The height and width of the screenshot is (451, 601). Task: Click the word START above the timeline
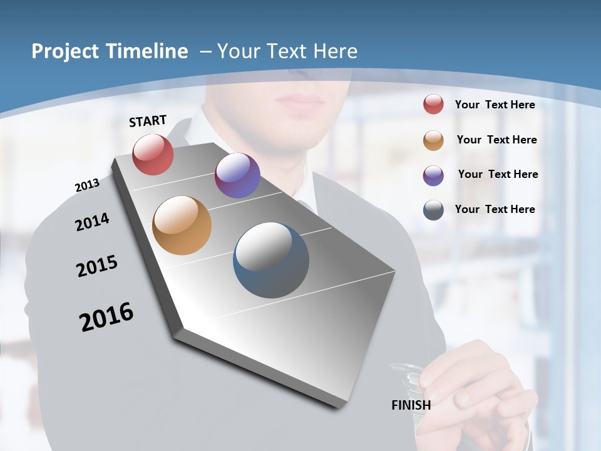pyautogui.click(x=148, y=121)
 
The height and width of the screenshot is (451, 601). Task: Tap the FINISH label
pyautogui.click(x=411, y=405)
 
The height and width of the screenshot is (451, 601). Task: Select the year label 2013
pyautogui.click(x=87, y=185)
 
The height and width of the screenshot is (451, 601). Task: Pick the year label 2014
pyautogui.click(x=92, y=222)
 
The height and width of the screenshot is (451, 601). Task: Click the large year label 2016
pyautogui.click(x=106, y=317)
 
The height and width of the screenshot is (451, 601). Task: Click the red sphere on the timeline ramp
pyautogui.click(x=153, y=155)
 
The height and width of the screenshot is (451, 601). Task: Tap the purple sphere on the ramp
pyautogui.click(x=237, y=175)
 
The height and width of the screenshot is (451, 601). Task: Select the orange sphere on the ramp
pyautogui.click(x=182, y=225)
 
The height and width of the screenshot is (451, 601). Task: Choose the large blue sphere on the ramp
pyautogui.click(x=271, y=260)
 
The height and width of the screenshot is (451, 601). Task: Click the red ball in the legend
pyautogui.click(x=433, y=104)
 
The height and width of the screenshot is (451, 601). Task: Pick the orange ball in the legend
pyautogui.click(x=433, y=140)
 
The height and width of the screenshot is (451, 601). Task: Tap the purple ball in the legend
pyautogui.click(x=433, y=175)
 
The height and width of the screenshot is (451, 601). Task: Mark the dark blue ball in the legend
pyautogui.click(x=433, y=210)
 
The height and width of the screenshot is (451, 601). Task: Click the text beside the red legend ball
pyautogui.click(x=495, y=105)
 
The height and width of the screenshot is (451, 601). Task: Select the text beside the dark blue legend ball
pyautogui.click(x=495, y=209)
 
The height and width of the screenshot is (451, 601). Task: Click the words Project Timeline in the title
pyautogui.click(x=110, y=51)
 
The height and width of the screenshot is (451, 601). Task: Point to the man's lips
pyautogui.click(x=299, y=100)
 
